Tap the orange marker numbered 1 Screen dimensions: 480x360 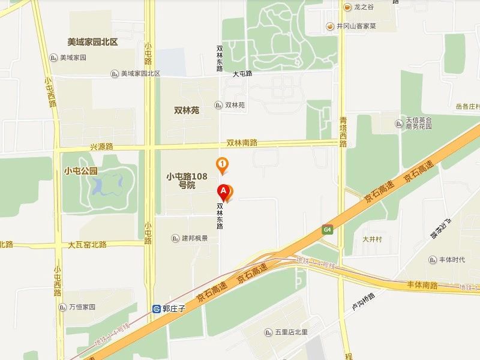[x=223, y=164]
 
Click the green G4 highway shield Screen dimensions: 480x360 [x=327, y=229]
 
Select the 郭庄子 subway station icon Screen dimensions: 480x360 [x=157, y=309]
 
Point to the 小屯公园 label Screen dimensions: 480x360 [x=80, y=170]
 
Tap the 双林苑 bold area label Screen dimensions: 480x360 [x=186, y=110]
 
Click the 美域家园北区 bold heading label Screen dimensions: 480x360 [x=92, y=42]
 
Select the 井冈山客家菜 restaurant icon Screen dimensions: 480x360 [x=329, y=26]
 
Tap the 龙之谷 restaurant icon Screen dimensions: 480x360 [x=347, y=7]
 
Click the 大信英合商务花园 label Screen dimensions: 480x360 [x=419, y=124]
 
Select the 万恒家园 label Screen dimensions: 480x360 [x=80, y=307]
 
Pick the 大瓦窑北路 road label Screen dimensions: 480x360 [x=87, y=245]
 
